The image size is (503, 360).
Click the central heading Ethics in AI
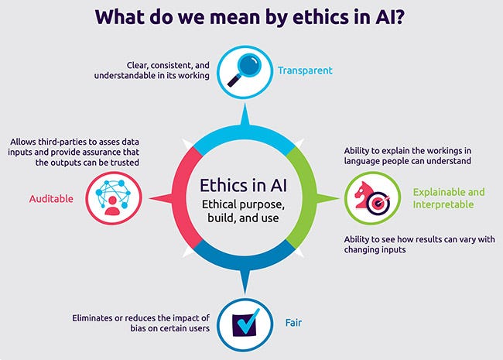coord(242,185)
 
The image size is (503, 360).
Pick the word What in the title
coord(121,16)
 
